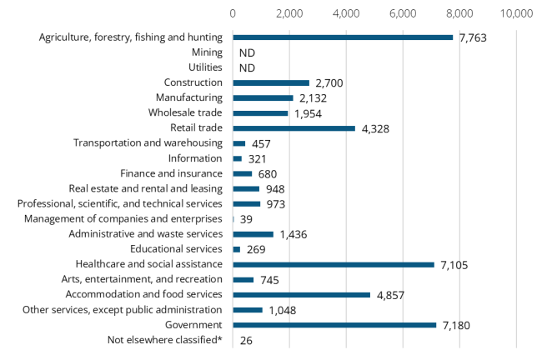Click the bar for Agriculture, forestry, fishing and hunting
[x=343, y=37]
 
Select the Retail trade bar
[x=294, y=128]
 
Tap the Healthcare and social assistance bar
[x=334, y=265]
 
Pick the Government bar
[x=334, y=325]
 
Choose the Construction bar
[x=271, y=83]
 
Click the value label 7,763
[x=472, y=37]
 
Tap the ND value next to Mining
[x=247, y=52]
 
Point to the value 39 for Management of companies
[x=248, y=219]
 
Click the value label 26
[x=246, y=340]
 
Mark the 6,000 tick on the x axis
[x=403, y=13]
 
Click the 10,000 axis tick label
[x=516, y=13]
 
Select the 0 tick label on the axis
[x=233, y=13]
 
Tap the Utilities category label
[x=205, y=67]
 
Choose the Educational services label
[x=176, y=249]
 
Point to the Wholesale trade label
[x=185, y=113]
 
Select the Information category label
[x=195, y=158]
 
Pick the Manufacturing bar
[x=263, y=98]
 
